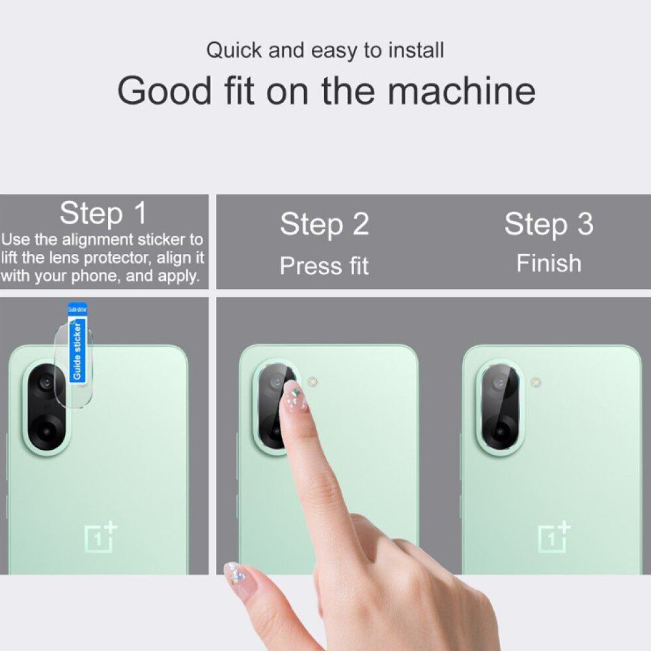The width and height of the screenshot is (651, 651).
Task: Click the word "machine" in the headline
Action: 462,90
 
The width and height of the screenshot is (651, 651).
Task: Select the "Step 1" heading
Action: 103,214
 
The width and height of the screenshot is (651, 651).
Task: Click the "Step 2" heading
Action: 324,224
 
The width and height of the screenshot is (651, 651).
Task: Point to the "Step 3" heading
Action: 549,224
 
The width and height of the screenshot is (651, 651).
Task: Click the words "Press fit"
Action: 324,266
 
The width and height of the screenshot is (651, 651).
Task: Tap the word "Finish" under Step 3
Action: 549,263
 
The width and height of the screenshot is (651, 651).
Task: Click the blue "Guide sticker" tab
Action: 77,343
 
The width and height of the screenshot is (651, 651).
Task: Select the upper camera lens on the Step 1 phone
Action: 46,382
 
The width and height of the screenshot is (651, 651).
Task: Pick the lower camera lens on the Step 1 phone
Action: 46,432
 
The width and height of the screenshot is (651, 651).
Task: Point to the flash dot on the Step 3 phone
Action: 536,381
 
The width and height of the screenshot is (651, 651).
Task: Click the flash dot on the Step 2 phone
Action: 312,381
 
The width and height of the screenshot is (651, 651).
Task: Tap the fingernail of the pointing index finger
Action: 295,396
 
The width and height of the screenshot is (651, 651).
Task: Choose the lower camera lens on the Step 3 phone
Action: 499,432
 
